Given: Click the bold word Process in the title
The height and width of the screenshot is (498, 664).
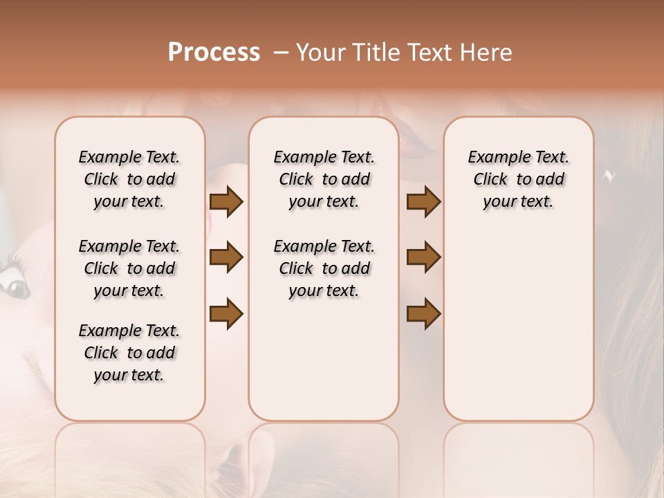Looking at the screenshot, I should pos(214,53).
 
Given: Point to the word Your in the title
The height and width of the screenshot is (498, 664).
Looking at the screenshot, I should pos(320,53).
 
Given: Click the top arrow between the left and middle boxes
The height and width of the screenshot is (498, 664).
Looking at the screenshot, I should pos(226,202).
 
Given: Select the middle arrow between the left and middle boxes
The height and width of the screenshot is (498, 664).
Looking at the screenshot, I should pos(226,258).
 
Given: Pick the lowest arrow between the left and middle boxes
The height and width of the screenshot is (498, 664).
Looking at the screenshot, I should pos(226,314).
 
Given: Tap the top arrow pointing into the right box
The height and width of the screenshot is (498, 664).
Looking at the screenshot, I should pos(423,202).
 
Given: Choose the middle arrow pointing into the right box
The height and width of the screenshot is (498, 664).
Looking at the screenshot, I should pos(423,258).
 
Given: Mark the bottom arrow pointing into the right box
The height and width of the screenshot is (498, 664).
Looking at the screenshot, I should pos(423,314).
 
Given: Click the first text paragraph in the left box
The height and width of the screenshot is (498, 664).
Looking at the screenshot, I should pos(129,179).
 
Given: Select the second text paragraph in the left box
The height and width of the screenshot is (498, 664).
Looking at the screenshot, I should pos(129,268).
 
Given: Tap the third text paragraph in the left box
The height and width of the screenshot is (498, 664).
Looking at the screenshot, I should pos(129,353).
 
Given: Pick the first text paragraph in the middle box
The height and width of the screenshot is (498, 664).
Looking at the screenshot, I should pos(324,179).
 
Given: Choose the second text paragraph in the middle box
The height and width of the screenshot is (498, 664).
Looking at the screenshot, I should pos(324,268).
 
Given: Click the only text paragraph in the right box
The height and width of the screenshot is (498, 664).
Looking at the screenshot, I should pos(518,179).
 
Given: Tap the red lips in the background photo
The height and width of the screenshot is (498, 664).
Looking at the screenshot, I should pos(415,143).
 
